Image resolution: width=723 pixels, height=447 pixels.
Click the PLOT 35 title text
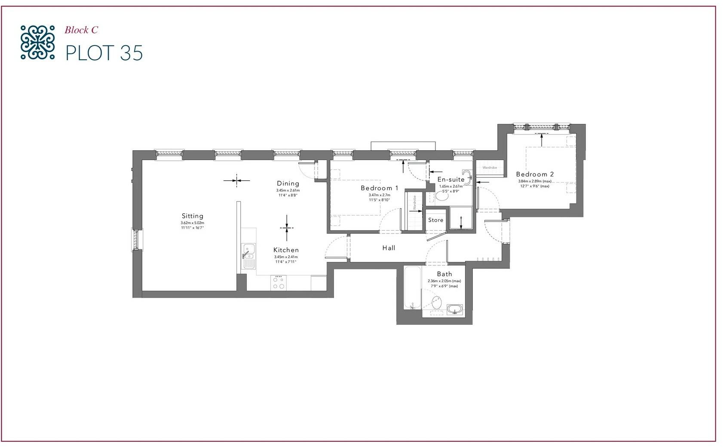click(x=104, y=53)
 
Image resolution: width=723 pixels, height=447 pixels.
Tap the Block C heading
click(x=81, y=30)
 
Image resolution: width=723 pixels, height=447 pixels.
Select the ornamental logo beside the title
click(x=37, y=42)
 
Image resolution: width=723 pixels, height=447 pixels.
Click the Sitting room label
click(x=192, y=216)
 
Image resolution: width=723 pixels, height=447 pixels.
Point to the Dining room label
click(x=288, y=183)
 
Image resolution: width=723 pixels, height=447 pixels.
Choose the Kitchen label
click(x=286, y=250)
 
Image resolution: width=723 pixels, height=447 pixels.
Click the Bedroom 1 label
click(x=379, y=188)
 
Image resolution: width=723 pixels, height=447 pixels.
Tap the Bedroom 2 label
click(x=535, y=174)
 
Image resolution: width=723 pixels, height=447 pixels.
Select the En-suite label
click(x=450, y=179)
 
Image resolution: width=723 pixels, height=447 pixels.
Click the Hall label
click(x=389, y=248)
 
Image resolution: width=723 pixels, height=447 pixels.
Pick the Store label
click(x=435, y=220)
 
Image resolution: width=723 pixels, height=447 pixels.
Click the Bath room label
click(x=444, y=274)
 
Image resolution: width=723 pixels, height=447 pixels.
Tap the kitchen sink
click(x=248, y=255)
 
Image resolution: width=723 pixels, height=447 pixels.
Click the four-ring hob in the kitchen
click(x=279, y=282)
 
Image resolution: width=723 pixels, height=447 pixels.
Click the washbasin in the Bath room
click(x=454, y=309)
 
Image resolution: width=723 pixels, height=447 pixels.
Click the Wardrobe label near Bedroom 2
click(x=490, y=167)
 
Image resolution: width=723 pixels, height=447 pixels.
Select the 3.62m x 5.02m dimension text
click(x=192, y=223)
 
